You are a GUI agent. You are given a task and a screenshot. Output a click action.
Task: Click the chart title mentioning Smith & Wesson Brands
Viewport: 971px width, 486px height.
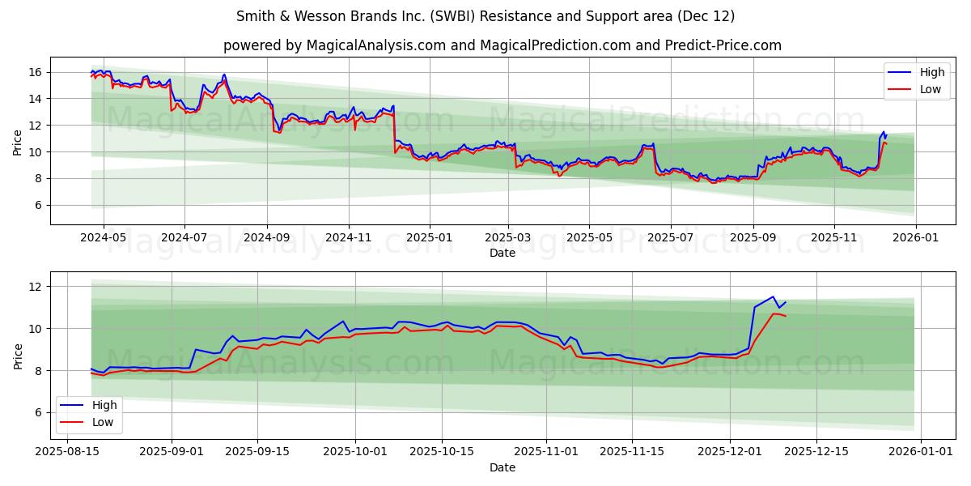[485, 16]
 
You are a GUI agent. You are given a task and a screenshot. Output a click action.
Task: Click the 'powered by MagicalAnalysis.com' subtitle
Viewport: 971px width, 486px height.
[502, 45]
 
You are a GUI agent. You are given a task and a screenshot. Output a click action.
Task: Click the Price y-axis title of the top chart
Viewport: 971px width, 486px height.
[18, 141]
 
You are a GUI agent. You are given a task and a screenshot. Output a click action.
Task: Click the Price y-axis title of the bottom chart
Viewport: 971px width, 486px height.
[18, 356]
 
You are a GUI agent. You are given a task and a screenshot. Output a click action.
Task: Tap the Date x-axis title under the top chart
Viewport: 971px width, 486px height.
[502, 253]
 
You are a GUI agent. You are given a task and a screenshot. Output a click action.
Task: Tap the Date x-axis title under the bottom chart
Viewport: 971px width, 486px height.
[502, 467]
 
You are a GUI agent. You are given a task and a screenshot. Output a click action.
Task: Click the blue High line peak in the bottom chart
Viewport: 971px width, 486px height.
[773, 296]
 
